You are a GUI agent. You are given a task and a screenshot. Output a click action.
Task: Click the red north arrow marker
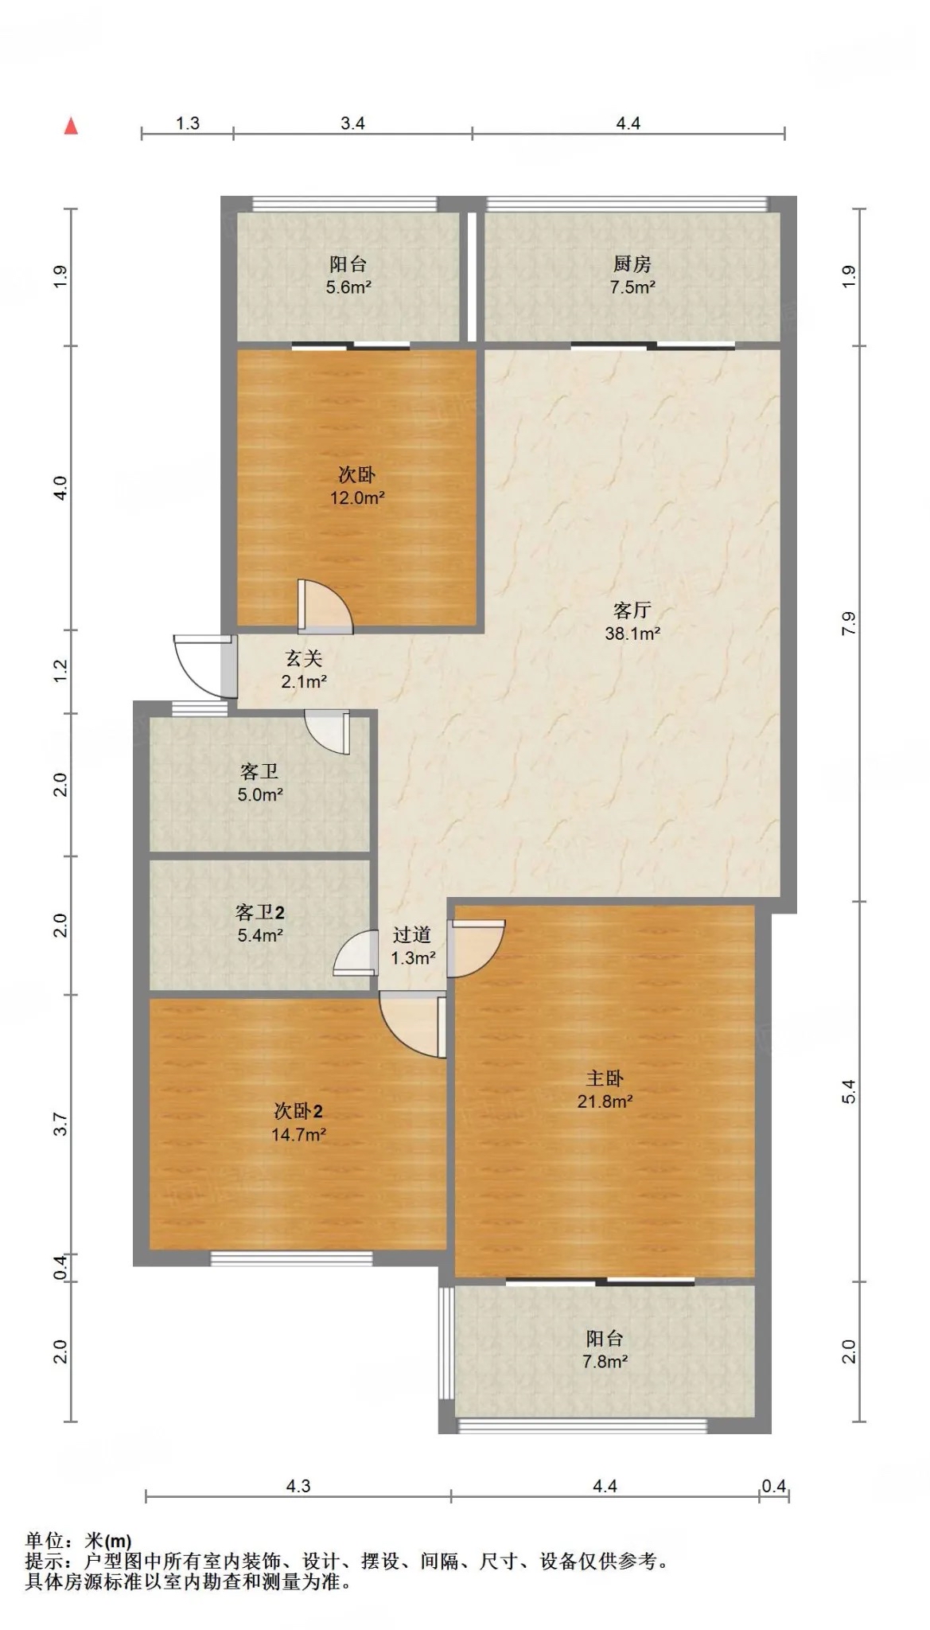(x=71, y=126)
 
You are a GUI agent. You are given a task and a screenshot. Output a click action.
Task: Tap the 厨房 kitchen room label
(x=632, y=264)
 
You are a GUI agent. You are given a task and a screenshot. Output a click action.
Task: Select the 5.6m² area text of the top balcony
(x=348, y=287)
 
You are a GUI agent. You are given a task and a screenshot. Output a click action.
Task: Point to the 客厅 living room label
(x=632, y=610)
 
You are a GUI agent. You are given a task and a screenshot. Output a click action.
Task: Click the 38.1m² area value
(x=632, y=634)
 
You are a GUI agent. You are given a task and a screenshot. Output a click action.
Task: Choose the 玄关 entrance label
(x=304, y=658)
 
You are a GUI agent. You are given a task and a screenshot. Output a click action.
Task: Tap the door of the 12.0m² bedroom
(x=325, y=606)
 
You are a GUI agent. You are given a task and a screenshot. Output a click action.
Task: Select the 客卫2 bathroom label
(x=260, y=912)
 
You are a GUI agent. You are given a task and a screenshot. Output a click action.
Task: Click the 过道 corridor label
(x=412, y=935)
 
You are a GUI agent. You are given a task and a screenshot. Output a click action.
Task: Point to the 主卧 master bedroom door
(x=476, y=949)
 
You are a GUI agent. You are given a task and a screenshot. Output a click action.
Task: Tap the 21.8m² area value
(x=605, y=1102)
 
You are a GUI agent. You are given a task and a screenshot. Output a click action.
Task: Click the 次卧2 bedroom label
(x=298, y=1111)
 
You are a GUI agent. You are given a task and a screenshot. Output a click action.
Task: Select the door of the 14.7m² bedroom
(x=412, y=1025)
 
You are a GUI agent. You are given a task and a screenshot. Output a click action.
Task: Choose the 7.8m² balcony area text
(x=605, y=1362)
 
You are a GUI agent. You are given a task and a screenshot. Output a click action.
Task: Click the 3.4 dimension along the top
(x=352, y=123)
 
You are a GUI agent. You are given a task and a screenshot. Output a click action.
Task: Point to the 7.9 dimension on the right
(x=849, y=623)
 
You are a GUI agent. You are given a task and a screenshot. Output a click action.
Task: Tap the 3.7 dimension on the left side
(x=61, y=1125)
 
